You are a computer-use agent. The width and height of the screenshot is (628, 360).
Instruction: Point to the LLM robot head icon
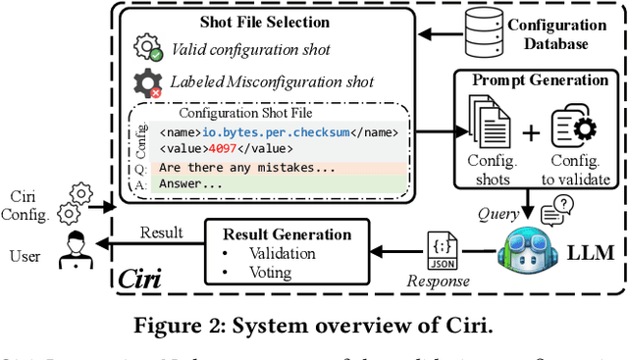[x=527, y=254]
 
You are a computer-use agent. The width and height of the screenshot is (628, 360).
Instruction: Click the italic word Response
[x=439, y=280]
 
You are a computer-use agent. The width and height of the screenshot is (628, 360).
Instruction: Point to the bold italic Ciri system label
[x=141, y=278]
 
